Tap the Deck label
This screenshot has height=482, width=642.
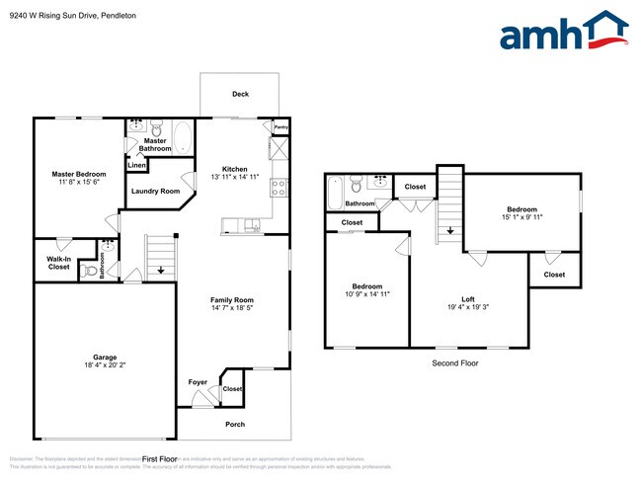click(x=240, y=95)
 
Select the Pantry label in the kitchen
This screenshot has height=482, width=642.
click(x=281, y=127)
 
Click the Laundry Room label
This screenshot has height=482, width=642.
click(x=155, y=191)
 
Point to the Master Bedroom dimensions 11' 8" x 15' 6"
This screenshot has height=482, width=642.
click(x=79, y=184)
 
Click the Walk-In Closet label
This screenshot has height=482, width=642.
click(x=58, y=263)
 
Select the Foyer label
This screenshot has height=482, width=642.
click(x=198, y=382)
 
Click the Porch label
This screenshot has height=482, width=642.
click(x=235, y=425)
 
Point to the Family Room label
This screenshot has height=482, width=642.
click(x=232, y=300)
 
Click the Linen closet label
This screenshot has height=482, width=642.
click(x=136, y=165)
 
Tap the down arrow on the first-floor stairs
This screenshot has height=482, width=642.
click(x=160, y=269)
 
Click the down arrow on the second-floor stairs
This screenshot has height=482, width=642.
click(x=449, y=231)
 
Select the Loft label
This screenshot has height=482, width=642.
click(x=468, y=299)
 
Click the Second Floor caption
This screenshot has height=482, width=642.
click(x=455, y=363)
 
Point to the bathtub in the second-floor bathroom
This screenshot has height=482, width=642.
click(x=334, y=190)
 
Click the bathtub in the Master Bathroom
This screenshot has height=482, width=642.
click(x=184, y=135)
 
